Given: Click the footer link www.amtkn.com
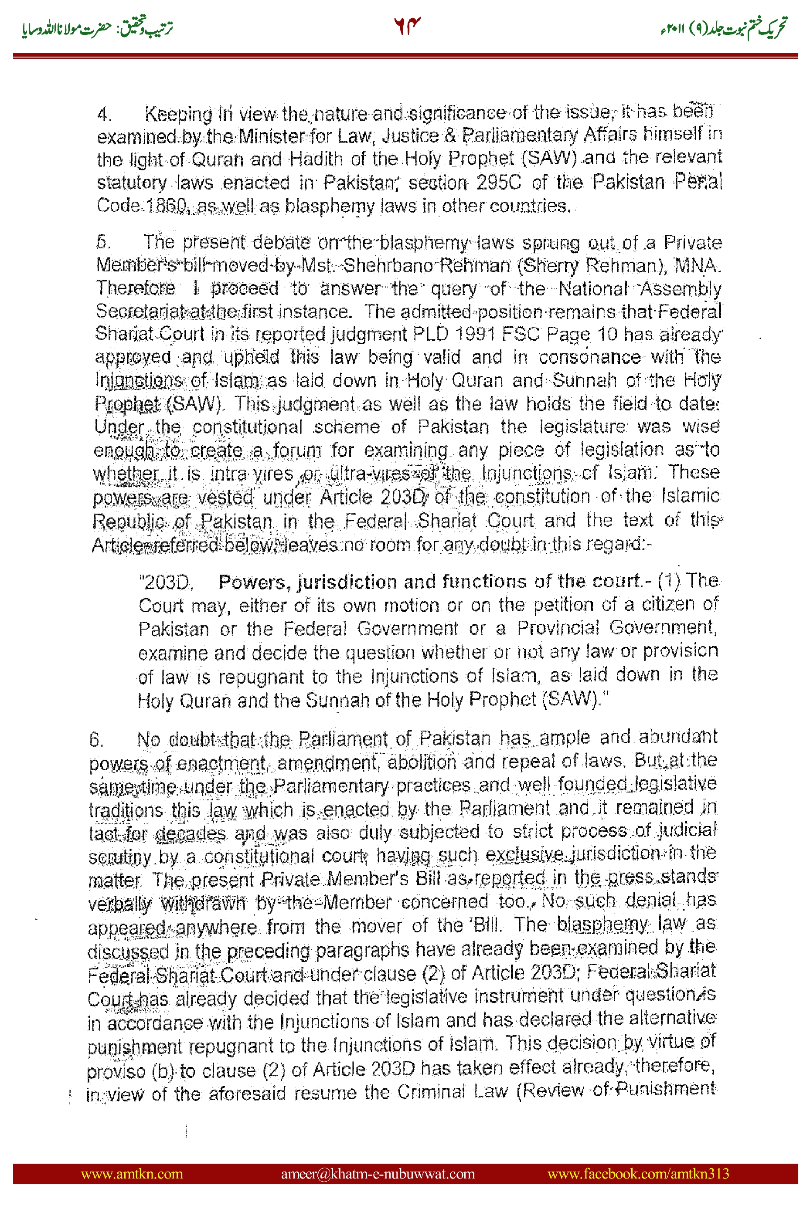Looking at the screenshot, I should coord(132,1173).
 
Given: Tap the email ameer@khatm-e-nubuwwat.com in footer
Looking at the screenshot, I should coord(378,1173).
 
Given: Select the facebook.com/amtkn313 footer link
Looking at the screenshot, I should coord(638,1173).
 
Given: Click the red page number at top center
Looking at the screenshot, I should coord(407,26).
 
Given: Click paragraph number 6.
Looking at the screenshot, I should coord(96,740).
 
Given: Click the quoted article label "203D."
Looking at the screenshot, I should coord(166,582).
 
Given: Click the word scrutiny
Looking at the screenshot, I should coord(120,857).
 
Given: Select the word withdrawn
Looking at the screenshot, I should coord(203,904).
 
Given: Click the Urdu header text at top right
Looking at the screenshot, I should coord(723,27).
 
